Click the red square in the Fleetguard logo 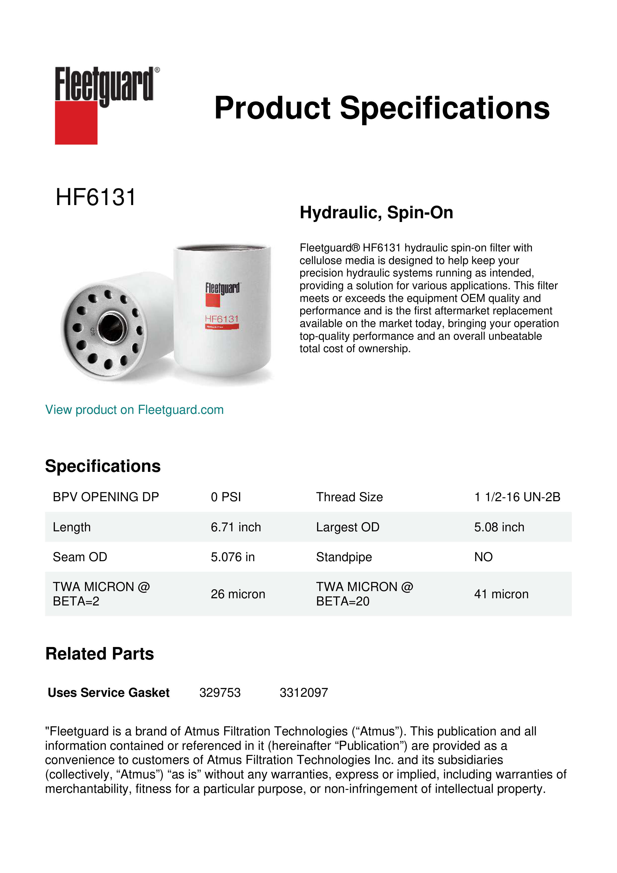[76, 122]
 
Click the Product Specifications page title [382, 108]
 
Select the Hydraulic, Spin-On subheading [376, 213]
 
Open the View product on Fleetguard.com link [134, 410]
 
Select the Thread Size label [349, 497]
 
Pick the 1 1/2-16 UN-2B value [517, 497]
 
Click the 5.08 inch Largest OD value [499, 527]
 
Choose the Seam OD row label [80, 557]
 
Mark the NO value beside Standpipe [483, 557]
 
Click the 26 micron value [238, 594]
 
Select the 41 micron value [501, 594]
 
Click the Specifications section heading [102, 466]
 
